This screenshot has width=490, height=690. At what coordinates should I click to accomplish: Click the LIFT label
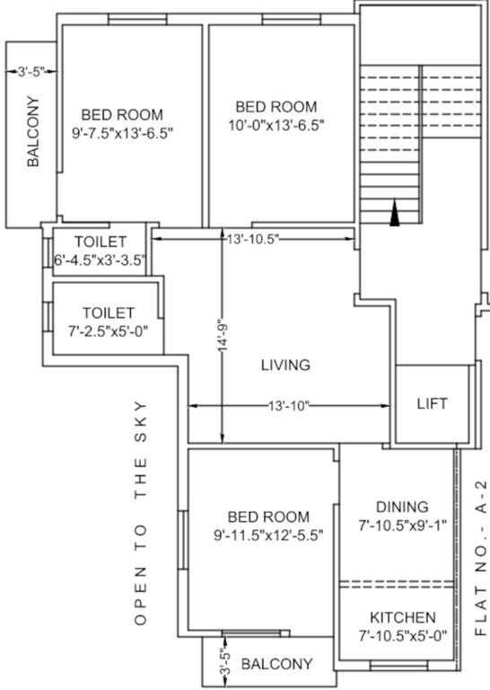click(432, 403)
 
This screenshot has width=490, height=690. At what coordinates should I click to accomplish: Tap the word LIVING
click(285, 365)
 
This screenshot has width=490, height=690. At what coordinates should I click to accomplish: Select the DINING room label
click(402, 507)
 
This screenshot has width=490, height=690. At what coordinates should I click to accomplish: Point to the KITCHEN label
click(403, 618)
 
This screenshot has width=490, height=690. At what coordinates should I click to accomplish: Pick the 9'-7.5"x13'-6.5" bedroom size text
click(122, 133)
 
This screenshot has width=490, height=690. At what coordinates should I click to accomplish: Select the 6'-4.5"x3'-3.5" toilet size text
click(100, 261)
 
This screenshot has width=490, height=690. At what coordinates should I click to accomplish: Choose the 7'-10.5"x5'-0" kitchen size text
click(403, 635)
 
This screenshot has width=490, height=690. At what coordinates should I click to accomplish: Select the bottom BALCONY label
click(277, 664)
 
